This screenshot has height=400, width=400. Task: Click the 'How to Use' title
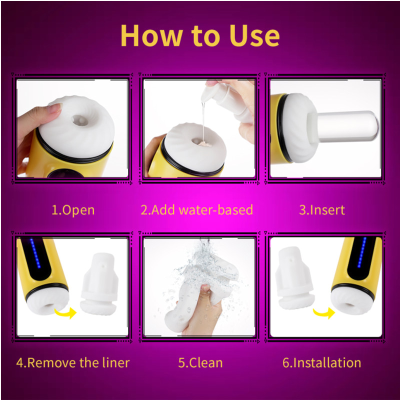pyautogui.click(x=200, y=35)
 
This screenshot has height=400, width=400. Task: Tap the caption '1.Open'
pyautogui.click(x=73, y=210)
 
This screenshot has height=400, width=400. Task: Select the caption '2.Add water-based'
pyautogui.click(x=196, y=209)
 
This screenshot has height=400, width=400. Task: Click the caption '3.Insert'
pyautogui.click(x=322, y=210)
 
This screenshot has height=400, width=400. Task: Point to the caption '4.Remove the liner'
pyautogui.click(x=73, y=362)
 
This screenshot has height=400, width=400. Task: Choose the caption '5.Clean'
pyautogui.click(x=200, y=362)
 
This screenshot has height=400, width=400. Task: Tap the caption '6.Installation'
pyautogui.click(x=321, y=362)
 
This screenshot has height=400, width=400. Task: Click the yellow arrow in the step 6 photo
pyautogui.click(x=324, y=312)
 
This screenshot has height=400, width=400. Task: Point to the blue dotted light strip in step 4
pyautogui.click(x=35, y=253)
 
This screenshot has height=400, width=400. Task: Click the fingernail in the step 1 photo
pyautogui.click(x=55, y=108)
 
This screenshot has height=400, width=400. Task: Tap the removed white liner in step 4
pyautogui.click(x=99, y=283)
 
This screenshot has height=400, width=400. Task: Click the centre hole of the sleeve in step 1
pyautogui.click(x=80, y=120)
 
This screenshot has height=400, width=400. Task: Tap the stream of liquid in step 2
pyautogui.click(x=203, y=121)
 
